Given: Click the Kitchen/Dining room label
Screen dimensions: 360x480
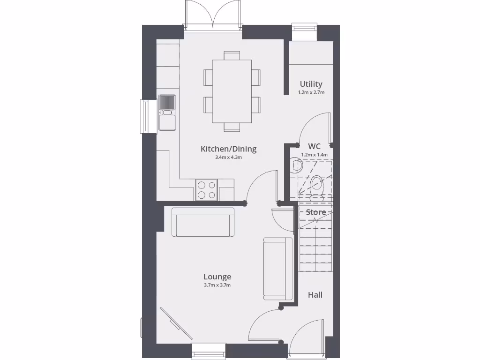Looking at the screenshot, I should pyautogui.click(x=228, y=149).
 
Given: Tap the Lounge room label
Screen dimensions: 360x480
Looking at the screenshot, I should pyautogui.click(x=217, y=277).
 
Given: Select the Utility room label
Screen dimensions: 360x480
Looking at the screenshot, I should pyautogui.click(x=311, y=84).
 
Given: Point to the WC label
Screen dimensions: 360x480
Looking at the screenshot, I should pyautogui.click(x=314, y=146).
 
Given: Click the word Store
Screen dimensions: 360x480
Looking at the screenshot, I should pyautogui.click(x=316, y=212).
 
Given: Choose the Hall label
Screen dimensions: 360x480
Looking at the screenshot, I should pyautogui.click(x=315, y=295).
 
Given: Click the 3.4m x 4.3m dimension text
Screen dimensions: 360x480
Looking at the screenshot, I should pyautogui.click(x=228, y=157).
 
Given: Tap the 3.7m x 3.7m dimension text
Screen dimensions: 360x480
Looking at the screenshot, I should pyautogui.click(x=217, y=285).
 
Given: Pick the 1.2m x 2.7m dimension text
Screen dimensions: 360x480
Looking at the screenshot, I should pyautogui.click(x=311, y=92).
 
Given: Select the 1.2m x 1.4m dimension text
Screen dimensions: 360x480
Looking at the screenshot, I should pyautogui.click(x=314, y=154).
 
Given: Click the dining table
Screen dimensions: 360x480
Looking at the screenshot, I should pyautogui.click(x=232, y=91).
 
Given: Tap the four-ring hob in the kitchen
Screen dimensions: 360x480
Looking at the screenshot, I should pyautogui.click(x=206, y=190).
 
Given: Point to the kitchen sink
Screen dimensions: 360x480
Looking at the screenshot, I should pyautogui.click(x=167, y=112).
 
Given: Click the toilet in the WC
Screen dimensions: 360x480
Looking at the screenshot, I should pyautogui.click(x=317, y=186).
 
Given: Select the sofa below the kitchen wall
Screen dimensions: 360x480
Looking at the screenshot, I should pyautogui.click(x=203, y=222).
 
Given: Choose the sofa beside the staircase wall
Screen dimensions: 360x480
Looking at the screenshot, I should pyautogui.click(x=274, y=268).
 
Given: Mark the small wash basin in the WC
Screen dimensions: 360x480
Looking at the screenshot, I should pyautogui.click(x=296, y=165).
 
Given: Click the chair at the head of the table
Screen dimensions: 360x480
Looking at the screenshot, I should pyautogui.click(x=232, y=55).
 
